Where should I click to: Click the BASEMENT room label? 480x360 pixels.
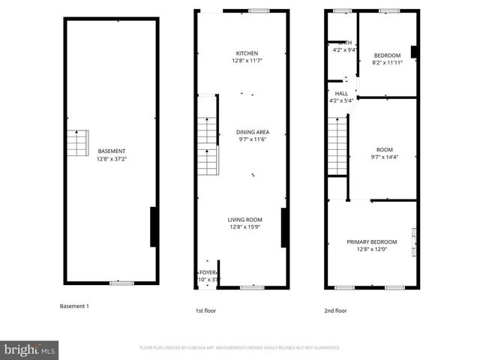[110, 151]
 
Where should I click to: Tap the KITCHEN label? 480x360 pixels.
[247, 53]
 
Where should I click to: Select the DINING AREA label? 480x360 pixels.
[253, 131]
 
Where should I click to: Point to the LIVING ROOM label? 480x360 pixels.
[245, 220]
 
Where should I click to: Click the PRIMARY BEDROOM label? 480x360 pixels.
[371, 241]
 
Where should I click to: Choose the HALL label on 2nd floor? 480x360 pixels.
[341, 94]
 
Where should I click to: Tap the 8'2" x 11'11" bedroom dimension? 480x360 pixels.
[387, 63]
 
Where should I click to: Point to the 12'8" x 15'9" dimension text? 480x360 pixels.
[245, 227]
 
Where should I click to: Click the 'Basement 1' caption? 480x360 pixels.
[74, 306]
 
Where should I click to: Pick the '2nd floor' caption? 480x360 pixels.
[334, 310]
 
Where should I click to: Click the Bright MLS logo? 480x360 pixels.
[30, 349]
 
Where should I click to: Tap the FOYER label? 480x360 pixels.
[206, 272]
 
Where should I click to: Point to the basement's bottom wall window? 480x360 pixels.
[121, 283]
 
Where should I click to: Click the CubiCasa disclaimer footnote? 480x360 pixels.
[239, 348]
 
